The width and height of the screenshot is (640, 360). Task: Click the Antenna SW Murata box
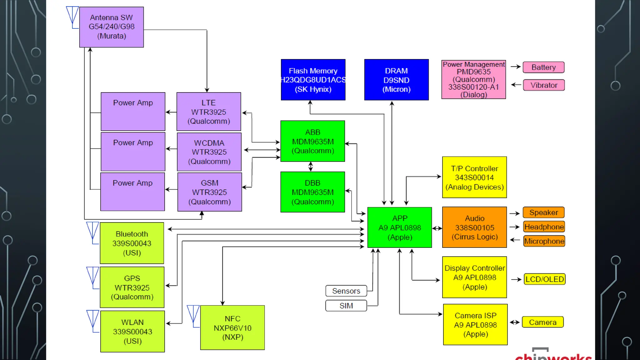[x=111, y=27]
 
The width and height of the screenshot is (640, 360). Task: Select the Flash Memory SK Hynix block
[x=313, y=80]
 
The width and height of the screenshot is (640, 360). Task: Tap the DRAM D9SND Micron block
[x=396, y=80]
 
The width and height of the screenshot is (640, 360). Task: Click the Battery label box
[x=543, y=67]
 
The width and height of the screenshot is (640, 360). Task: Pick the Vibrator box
[x=544, y=85]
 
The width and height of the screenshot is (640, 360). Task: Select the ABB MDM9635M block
[x=312, y=141]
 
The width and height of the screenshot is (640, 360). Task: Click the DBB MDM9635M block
[x=312, y=192]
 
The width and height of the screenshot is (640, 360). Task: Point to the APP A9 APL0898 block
[x=399, y=227]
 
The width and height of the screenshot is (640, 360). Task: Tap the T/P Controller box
[x=474, y=177]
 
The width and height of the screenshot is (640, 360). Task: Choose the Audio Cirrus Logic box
[x=474, y=227]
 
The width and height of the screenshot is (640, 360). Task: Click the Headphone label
[x=544, y=227]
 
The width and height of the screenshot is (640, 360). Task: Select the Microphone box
[x=544, y=241]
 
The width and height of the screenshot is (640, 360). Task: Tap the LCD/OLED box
[x=544, y=279]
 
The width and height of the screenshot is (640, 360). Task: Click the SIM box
[x=346, y=306]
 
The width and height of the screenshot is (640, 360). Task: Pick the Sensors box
[x=346, y=291]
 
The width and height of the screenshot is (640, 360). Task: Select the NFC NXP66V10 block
[x=232, y=327]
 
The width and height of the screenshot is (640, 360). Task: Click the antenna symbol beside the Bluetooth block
[x=92, y=232]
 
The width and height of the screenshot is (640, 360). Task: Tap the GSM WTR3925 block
[x=209, y=192]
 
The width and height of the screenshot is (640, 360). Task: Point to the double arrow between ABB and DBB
[x=310, y=167]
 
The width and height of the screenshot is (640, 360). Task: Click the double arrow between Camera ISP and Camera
[x=515, y=322]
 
